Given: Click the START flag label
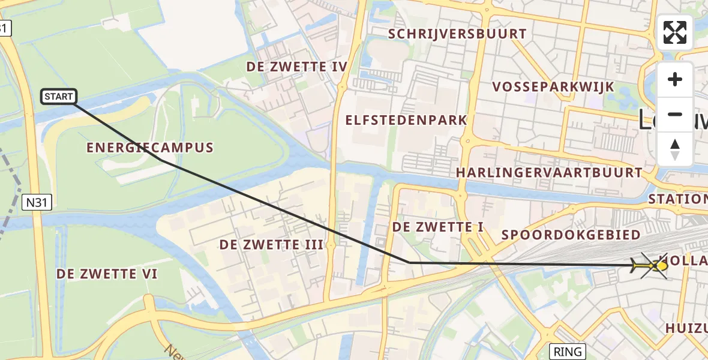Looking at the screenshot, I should point(59,96).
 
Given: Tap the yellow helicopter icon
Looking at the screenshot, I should point(650,265).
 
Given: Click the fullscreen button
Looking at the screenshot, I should point(675,32).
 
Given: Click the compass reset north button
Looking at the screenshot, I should point(675,149).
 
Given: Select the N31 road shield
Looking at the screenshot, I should point(37,203).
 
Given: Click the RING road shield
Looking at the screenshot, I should point(568,352).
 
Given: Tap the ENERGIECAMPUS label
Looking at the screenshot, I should point(150,148).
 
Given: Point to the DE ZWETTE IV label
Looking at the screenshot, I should point(297,67).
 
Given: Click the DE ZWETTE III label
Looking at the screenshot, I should point(271,245).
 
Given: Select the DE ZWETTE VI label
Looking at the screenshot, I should point(107,274).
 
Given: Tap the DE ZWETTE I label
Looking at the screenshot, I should point(438,227).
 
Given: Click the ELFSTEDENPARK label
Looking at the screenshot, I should point(406,120).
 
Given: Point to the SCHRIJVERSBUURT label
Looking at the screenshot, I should point(457,34).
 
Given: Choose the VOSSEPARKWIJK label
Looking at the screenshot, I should point(553,87).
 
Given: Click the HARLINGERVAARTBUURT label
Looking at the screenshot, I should point(549,173).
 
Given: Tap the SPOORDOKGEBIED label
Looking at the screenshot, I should point(571,235).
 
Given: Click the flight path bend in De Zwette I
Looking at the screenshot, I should point(409,262).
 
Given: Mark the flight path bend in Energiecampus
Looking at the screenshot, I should point(162,160).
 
